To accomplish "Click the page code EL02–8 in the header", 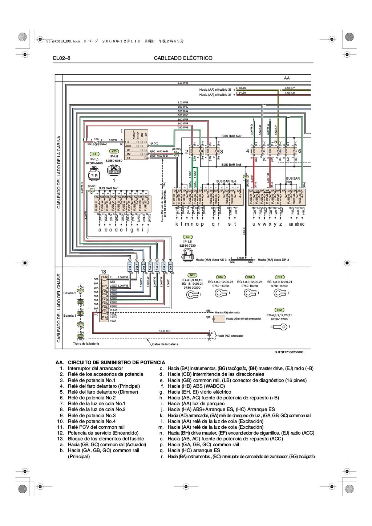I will (x=61, y=58).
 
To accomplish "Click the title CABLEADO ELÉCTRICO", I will (x=183, y=58).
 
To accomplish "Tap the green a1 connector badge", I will (x=94, y=154).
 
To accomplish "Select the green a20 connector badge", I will (x=114, y=151).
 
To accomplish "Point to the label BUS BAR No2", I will (x=231, y=136).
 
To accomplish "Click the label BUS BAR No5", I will (x=231, y=165).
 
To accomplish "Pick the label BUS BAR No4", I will (x=226, y=181).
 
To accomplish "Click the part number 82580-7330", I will (x=187, y=246).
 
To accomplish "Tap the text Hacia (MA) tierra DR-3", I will (x=273, y=260).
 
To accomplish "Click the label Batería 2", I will (x=70, y=293).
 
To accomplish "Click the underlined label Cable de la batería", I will (x=165, y=344).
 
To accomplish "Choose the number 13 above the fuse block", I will (x=103, y=272).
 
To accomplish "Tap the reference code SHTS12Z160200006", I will (x=289, y=352).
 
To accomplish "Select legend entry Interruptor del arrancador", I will (x=95, y=368).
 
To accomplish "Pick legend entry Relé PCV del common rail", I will (x=96, y=427).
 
